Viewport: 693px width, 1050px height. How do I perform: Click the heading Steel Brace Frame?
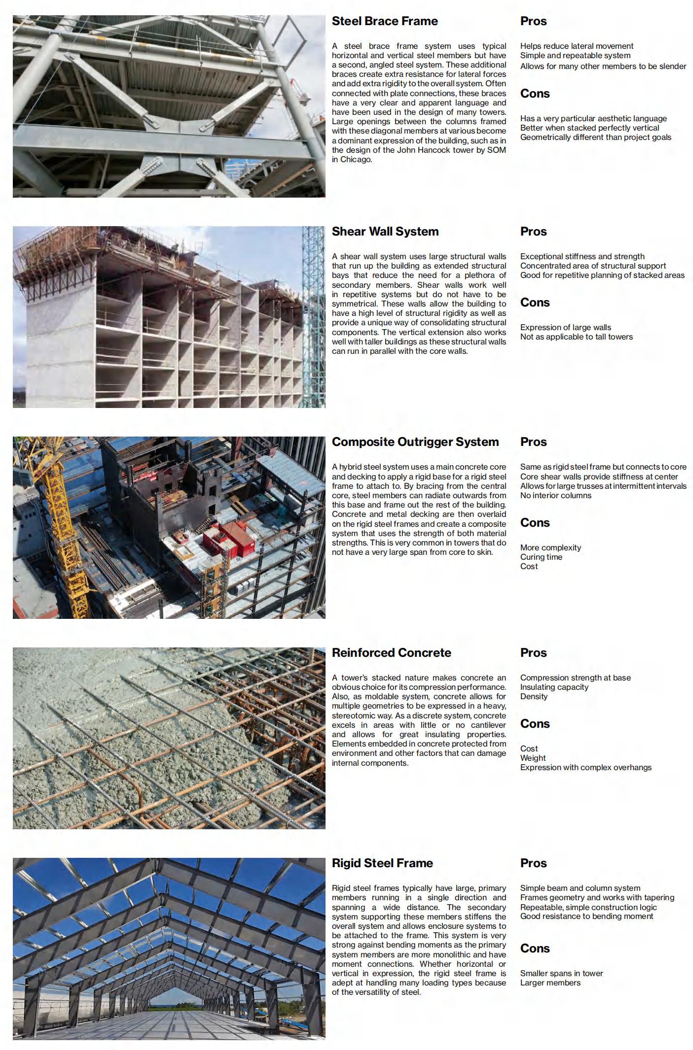point(385,21)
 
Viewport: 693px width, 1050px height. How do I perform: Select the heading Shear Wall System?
point(385,232)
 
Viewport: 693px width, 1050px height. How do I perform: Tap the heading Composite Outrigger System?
point(415,442)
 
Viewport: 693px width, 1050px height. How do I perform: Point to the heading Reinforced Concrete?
point(391,653)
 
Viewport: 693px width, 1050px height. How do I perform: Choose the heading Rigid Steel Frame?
point(382,863)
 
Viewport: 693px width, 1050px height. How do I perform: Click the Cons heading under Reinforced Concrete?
point(535,724)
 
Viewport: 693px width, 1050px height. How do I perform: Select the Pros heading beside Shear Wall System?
point(533,232)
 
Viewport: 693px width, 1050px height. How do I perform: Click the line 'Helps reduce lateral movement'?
point(577,46)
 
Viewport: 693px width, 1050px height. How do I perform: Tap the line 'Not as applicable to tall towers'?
point(576,337)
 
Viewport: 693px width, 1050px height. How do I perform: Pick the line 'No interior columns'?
point(555,496)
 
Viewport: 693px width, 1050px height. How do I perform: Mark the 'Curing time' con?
point(541,557)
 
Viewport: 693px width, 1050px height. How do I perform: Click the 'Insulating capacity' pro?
point(554,687)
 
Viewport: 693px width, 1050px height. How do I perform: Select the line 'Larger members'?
point(550,983)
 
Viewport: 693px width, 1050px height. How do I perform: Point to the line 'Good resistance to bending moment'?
point(586,916)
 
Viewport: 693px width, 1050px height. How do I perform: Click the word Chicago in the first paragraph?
point(355,160)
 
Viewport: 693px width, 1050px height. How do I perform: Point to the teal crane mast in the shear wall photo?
point(313,315)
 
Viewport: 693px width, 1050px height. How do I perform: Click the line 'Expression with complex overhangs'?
point(585,768)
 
